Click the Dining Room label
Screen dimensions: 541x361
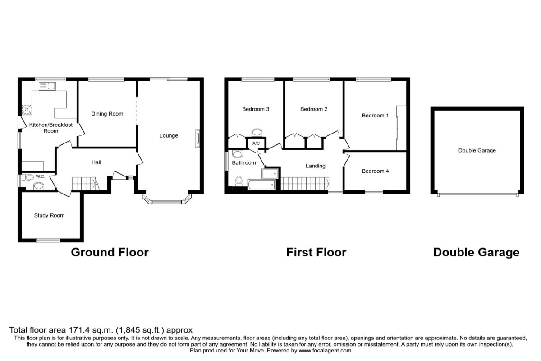[107, 114]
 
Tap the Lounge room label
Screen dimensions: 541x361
[169, 136]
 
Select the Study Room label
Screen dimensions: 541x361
[49, 215]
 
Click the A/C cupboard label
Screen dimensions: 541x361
[256, 143]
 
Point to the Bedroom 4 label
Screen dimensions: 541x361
[375, 171]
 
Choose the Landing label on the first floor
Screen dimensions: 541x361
[316, 166]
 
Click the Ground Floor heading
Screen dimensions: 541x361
[110, 252]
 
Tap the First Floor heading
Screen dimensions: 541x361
[316, 252]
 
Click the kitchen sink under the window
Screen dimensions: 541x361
[47, 86]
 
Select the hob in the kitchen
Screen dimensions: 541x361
[27, 109]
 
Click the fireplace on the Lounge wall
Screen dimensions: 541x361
[197, 139]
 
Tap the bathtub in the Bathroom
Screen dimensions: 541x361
[261, 185]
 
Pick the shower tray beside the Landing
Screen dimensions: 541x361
[270, 173]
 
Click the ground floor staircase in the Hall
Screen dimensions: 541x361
[86, 184]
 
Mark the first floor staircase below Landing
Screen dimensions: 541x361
[305, 184]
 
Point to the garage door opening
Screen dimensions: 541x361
[477, 194]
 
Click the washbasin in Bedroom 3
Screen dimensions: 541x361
[257, 133]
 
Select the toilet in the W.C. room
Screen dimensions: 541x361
[28, 177]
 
